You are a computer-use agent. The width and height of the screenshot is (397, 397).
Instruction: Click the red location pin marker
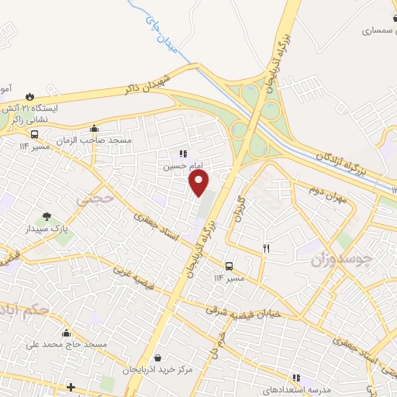(199, 182)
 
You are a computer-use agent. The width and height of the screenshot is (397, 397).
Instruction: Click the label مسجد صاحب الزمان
(99, 140)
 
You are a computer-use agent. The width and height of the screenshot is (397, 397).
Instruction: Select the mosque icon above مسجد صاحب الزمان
(95, 129)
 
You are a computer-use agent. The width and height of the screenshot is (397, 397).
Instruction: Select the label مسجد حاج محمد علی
(66, 343)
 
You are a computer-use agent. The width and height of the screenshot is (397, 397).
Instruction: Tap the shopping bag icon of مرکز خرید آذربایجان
(158, 358)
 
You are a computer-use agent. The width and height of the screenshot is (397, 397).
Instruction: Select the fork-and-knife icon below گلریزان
(266, 248)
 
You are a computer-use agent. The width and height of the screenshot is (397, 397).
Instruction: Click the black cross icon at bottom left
(71, 386)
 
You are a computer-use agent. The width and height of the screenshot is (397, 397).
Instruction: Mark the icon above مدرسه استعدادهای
(295, 377)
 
